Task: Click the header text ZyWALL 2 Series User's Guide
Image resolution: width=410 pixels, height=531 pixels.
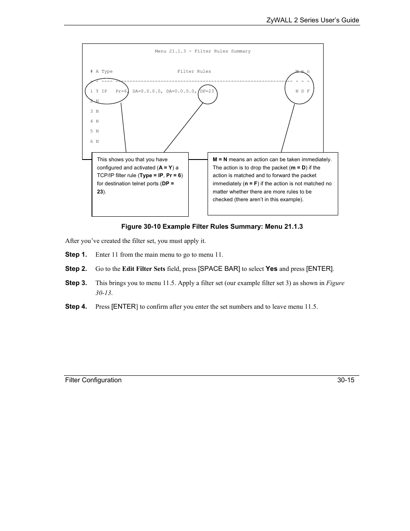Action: coord(312,20)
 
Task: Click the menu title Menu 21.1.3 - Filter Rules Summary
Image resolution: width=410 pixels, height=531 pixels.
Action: coord(202,51)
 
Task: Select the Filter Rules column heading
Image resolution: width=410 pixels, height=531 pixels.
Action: coord(194,71)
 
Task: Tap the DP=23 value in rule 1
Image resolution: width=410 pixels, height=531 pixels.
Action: coord(207,91)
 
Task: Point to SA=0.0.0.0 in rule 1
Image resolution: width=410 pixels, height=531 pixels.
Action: coord(147,91)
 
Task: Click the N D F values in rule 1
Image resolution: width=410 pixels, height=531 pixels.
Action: coord(302,91)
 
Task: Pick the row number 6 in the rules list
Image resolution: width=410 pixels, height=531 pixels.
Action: coord(92,141)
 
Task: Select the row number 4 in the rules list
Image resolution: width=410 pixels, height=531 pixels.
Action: coord(92,121)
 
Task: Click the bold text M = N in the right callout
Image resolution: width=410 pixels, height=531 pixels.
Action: coord(220,160)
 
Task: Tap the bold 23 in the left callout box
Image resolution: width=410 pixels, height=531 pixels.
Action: coord(100,192)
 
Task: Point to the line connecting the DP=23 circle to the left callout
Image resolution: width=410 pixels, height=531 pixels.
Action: coord(183,128)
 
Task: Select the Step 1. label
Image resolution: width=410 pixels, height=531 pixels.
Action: coord(76,255)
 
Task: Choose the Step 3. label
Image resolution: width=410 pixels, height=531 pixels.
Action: coord(76,283)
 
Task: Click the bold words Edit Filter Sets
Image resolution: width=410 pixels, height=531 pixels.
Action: coord(144,269)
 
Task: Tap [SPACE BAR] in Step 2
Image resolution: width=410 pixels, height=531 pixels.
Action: coord(219,269)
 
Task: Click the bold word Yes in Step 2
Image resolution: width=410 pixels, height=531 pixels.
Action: coord(271,269)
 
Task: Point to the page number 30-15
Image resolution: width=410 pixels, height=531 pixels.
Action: coord(346,380)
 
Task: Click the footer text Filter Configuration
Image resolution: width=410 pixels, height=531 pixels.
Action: coord(93,380)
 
